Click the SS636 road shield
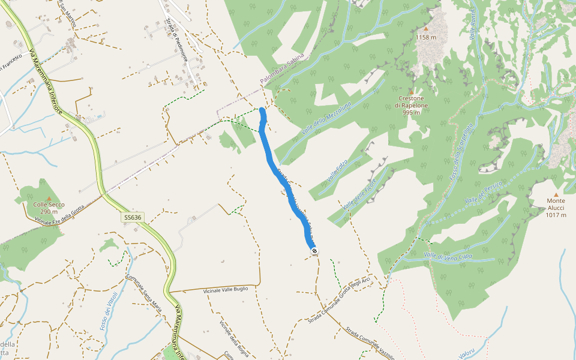point(131,217)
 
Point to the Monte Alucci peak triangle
point(556,194)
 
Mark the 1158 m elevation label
point(426,37)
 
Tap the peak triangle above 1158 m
point(426,28)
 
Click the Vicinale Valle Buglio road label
point(225,289)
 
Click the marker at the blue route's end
point(314,251)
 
